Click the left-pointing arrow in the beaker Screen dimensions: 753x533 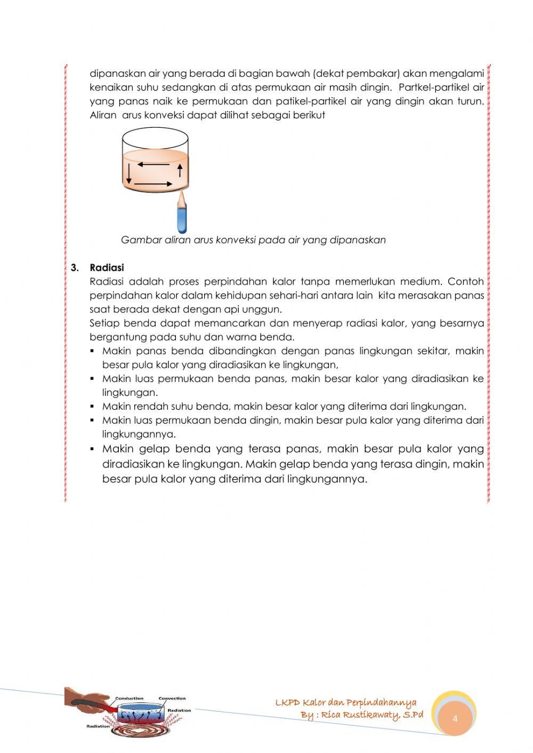tap(153, 165)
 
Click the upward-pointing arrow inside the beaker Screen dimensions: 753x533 tap(180, 171)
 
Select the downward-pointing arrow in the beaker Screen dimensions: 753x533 tap(128, 175)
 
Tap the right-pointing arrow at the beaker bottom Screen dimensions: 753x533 tap(153, 184)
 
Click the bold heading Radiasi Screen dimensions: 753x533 tap(107, 268)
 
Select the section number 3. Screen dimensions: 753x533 tap(75, 268)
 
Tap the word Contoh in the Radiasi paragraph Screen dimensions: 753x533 tap(465, 281)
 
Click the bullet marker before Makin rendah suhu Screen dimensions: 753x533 tap(92, 407)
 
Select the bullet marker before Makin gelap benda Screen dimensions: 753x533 tap(92, 449)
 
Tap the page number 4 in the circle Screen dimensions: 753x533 tap(455, 718)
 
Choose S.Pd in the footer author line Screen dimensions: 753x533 tap(413, 715)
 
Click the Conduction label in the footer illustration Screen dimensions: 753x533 tap(129, 698)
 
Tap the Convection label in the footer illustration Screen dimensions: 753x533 tap(172, 698)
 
